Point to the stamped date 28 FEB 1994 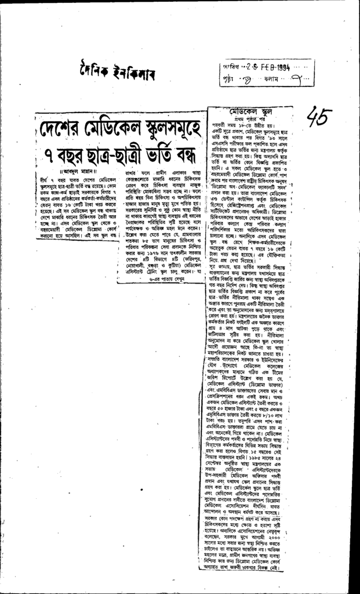266,66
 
